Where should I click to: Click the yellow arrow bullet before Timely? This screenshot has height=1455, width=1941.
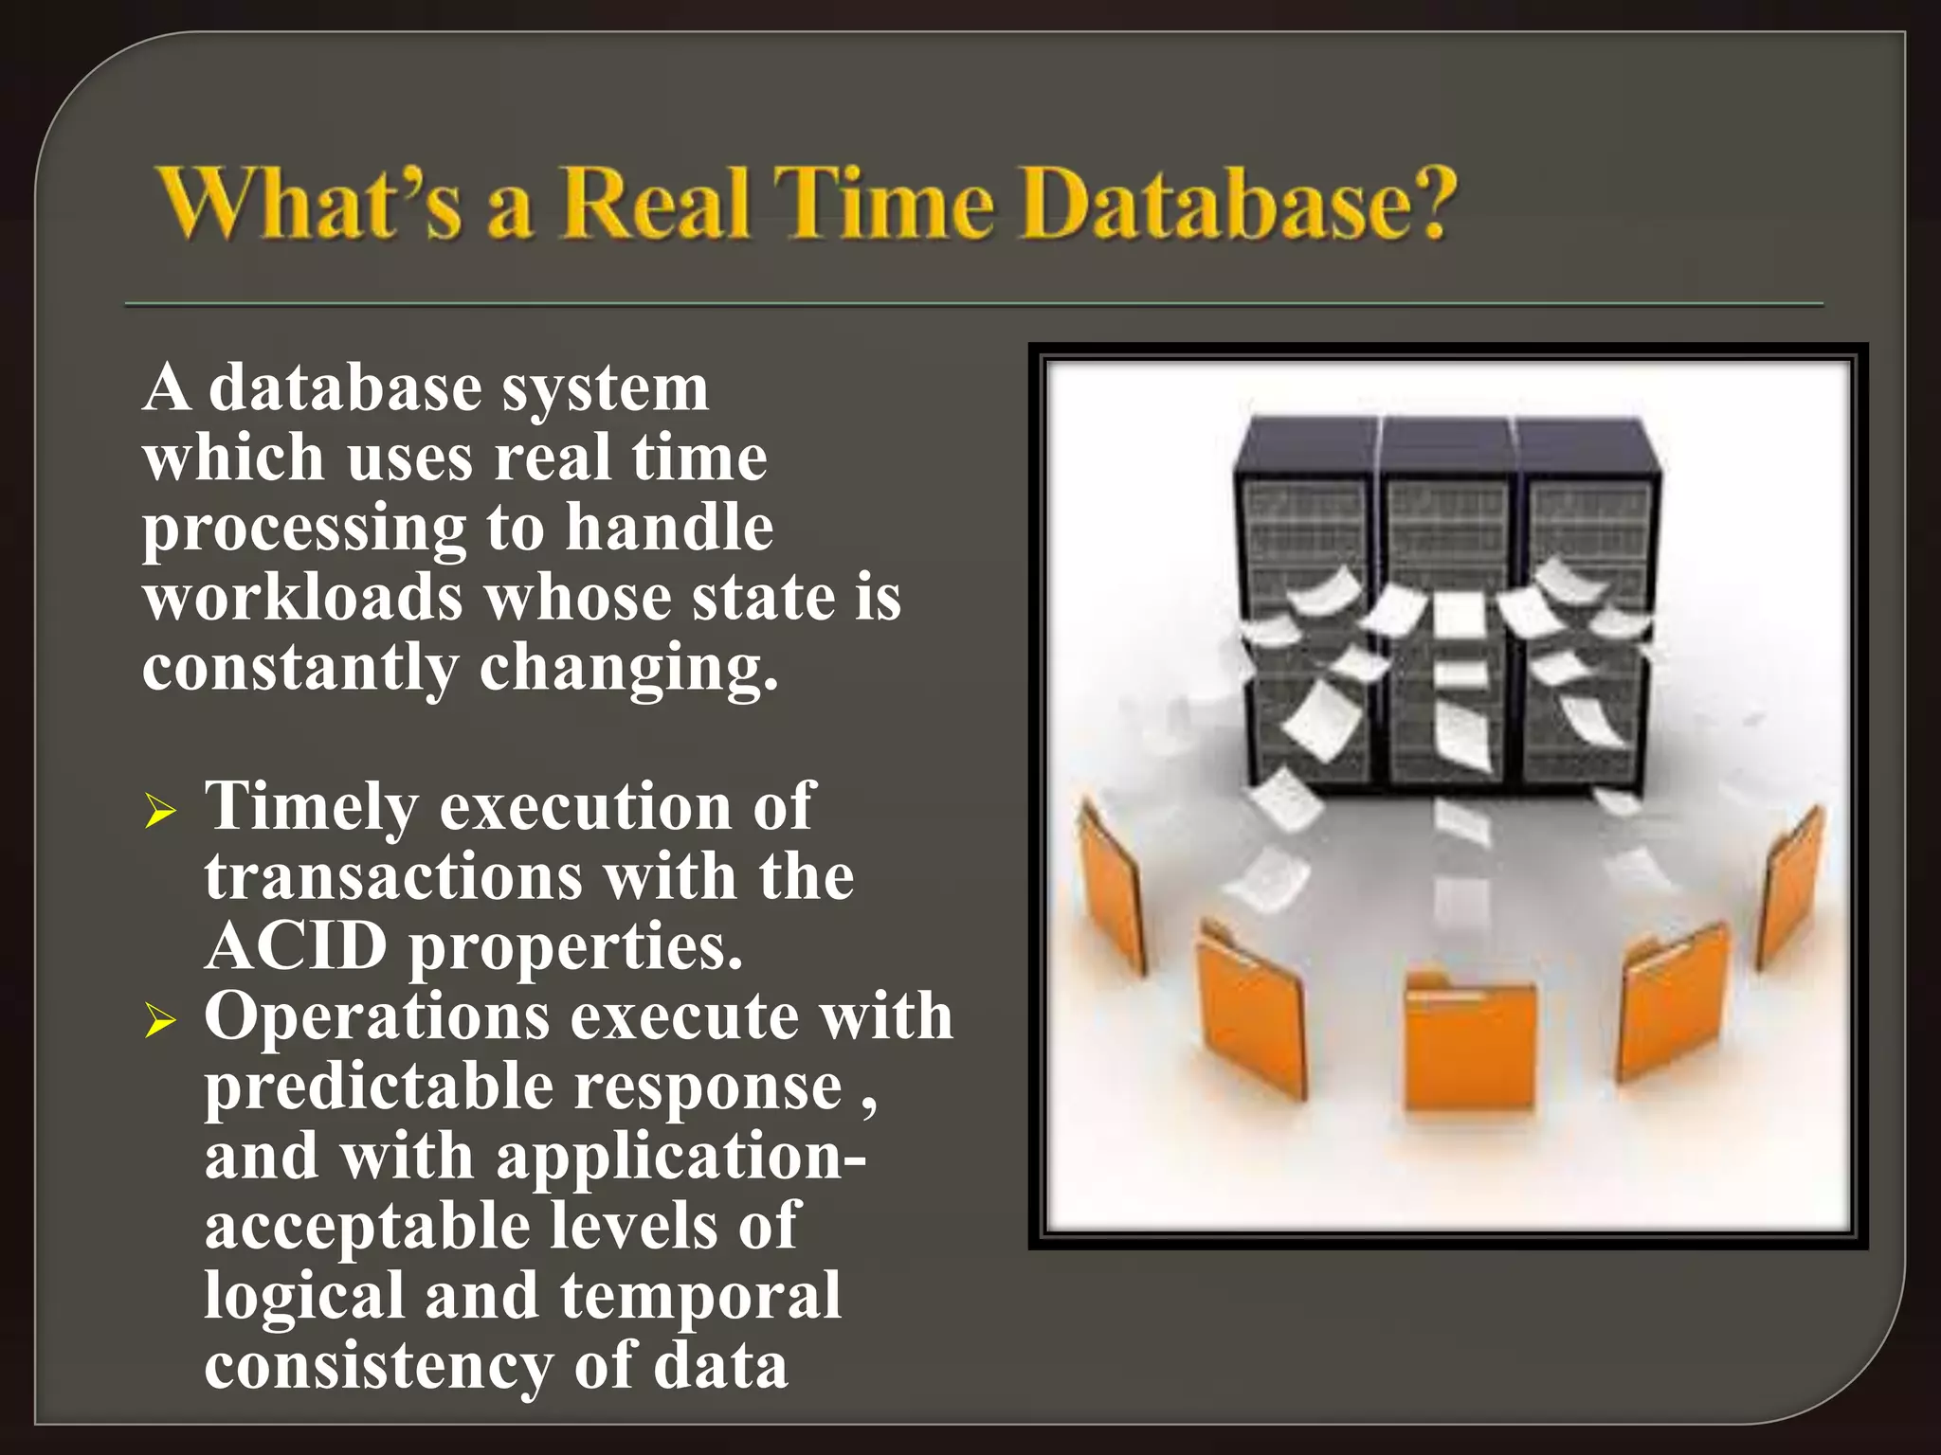160,812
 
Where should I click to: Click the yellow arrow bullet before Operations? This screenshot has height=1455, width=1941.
160,1021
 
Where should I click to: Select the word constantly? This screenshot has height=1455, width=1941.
300,669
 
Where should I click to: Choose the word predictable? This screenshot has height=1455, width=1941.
379,1087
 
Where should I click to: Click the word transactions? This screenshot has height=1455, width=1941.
393,876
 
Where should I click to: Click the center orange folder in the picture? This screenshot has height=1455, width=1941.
1469,1042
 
